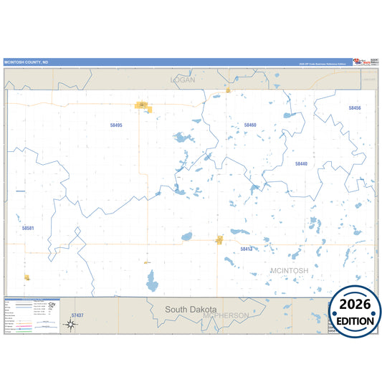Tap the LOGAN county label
click(x=183, y=80)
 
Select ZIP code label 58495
click(x=116, y=125)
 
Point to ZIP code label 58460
click(x=249, y=125)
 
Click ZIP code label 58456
click(x=355, y=108)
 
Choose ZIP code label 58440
click(x=301, y=163)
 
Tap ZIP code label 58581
click(x=28, y=228)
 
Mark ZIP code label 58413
click(x=247, y=249)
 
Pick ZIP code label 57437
click(x=77, y=315)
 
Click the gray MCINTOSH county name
click(x=290, y=270)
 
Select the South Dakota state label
click(x=190, y=309)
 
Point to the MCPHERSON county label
click(x=225, y=315)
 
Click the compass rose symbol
click(x=70, y=324)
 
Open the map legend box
click(x=32, y=316)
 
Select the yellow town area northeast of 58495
click(x=143, y=107)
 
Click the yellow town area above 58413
click(x=220, y=240)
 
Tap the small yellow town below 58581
click(x=27, y=277)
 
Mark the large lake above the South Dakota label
click(x=151, y=281)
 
